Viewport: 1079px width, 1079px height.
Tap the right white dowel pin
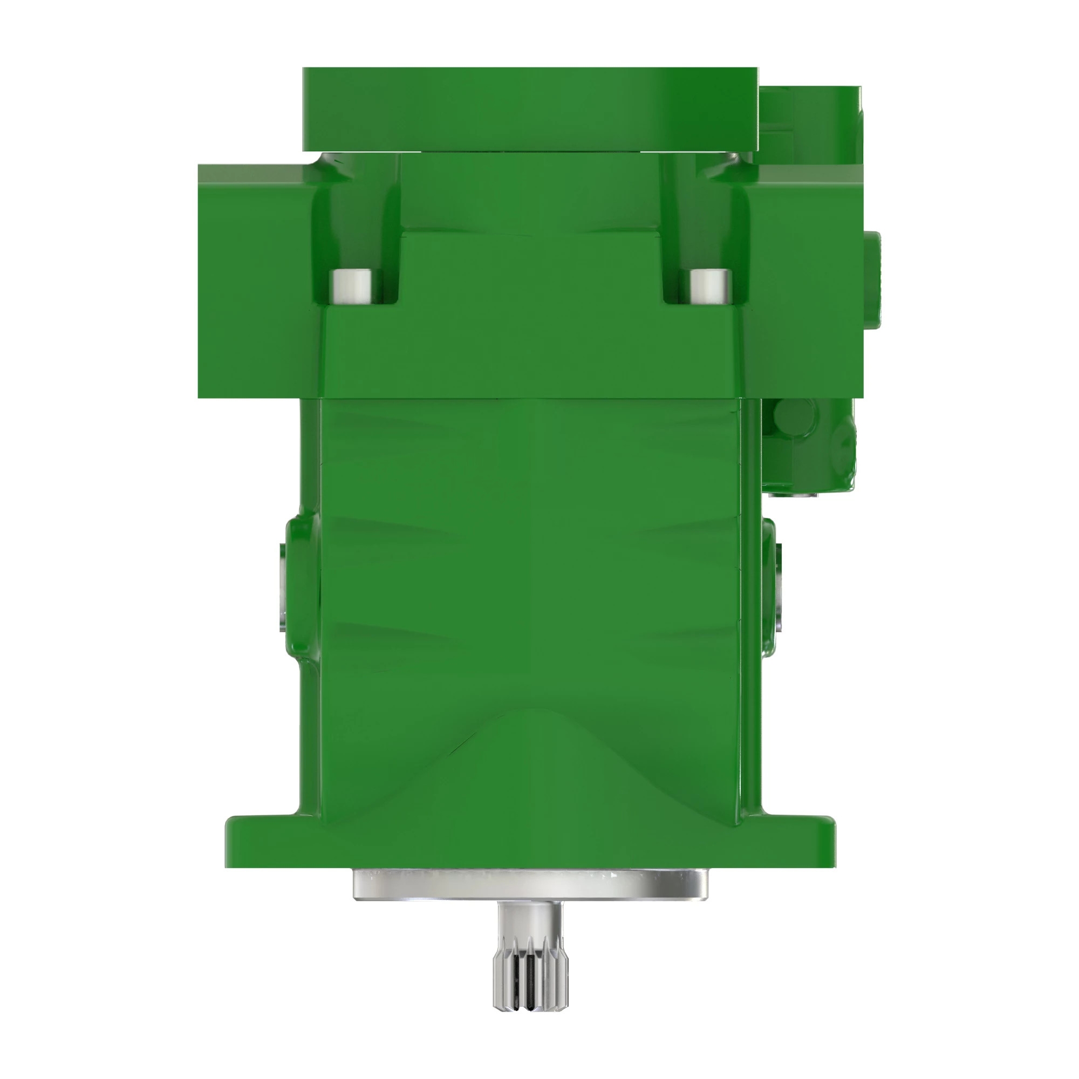[711, 286]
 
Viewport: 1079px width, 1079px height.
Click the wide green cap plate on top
[530, 109]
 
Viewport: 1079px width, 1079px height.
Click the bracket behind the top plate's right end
[810, 123]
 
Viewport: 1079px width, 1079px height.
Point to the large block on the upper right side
[804, 279]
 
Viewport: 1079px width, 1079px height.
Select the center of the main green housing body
[530, 558]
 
